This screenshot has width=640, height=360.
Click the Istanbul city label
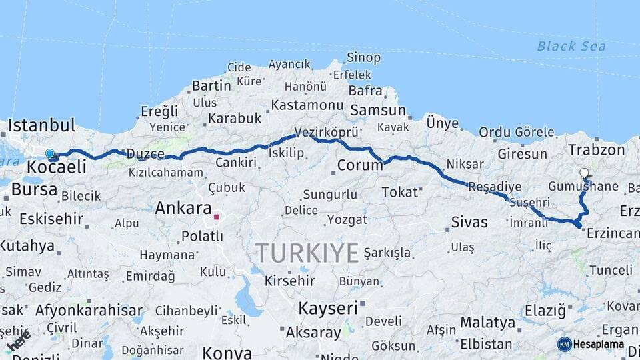click(x=41, y=125)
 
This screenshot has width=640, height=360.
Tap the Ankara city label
click(x=183, y=208)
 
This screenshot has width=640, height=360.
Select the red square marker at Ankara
click(x=216, y=217)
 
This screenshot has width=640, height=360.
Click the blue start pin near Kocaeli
click(x=49, y=154)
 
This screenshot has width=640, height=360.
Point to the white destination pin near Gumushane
click(x=584, y=173)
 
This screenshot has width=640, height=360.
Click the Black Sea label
click(x=571, y=46)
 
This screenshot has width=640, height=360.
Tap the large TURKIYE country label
click(x=307, y=253)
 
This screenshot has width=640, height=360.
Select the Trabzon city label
click(x=596, y=150)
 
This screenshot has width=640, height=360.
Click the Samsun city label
click(x=377, y=111)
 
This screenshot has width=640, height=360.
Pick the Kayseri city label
click(x=328, y=308)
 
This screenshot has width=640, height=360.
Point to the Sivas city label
click(x=469, y=222)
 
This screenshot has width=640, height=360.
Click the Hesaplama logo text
click(x=599, y=345)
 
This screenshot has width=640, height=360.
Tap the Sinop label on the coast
click(x=364, y=58)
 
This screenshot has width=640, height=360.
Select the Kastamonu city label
click(x=307, y=105)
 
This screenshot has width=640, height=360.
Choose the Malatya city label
click(x=487, y=323)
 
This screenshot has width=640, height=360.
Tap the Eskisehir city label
click(x=51, y=219)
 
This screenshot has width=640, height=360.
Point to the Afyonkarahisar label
click(x=89, y=310)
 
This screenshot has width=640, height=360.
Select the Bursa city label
click(x=34, y=189)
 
